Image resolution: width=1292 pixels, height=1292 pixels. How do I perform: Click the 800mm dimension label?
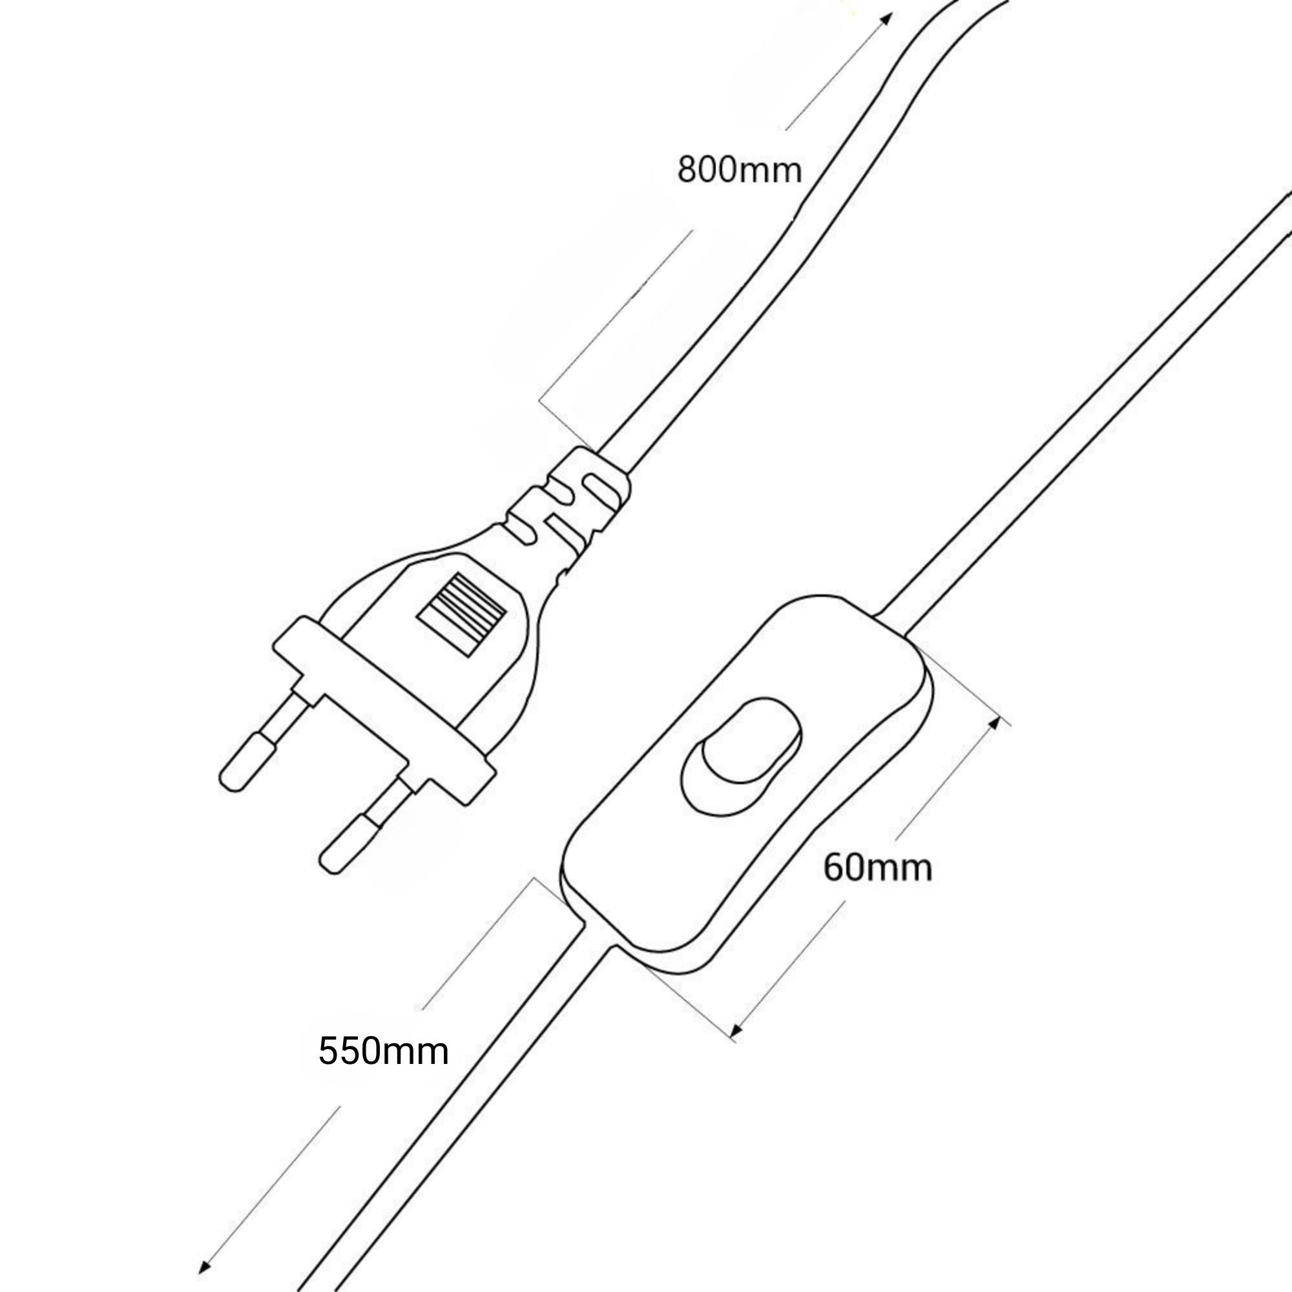click(739, 171)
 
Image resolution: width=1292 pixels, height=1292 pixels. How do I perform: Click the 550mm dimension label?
click(383, 1050)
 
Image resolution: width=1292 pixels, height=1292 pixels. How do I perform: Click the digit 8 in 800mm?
click(688, 171)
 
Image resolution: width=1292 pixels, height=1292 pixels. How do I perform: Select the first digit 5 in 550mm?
click(329, 1050)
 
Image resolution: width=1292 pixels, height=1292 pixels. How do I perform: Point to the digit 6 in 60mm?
click(835, 868)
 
